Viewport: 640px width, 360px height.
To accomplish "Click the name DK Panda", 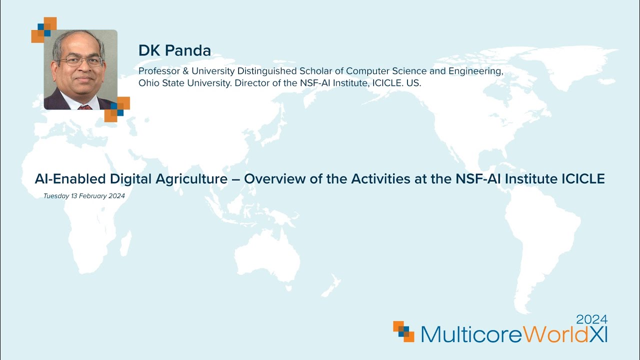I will click(x=174, y=50).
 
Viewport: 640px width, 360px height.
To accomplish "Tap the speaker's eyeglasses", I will click(x=80, y=61).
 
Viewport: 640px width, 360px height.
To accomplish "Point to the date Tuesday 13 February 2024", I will click(x=84, y=196).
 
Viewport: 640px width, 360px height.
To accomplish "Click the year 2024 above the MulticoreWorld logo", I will click(x=592, y=319).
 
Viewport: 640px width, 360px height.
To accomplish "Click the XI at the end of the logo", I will click(x=598, y=334).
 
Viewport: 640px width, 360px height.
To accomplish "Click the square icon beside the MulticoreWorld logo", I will click(x=403, y=331).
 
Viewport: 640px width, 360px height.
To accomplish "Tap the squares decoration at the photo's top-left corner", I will click(x=44, y=29).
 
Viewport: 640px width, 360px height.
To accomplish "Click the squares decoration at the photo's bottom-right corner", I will click(x=117, y=109).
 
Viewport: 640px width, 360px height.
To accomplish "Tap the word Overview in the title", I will click(x=275, y=178).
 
